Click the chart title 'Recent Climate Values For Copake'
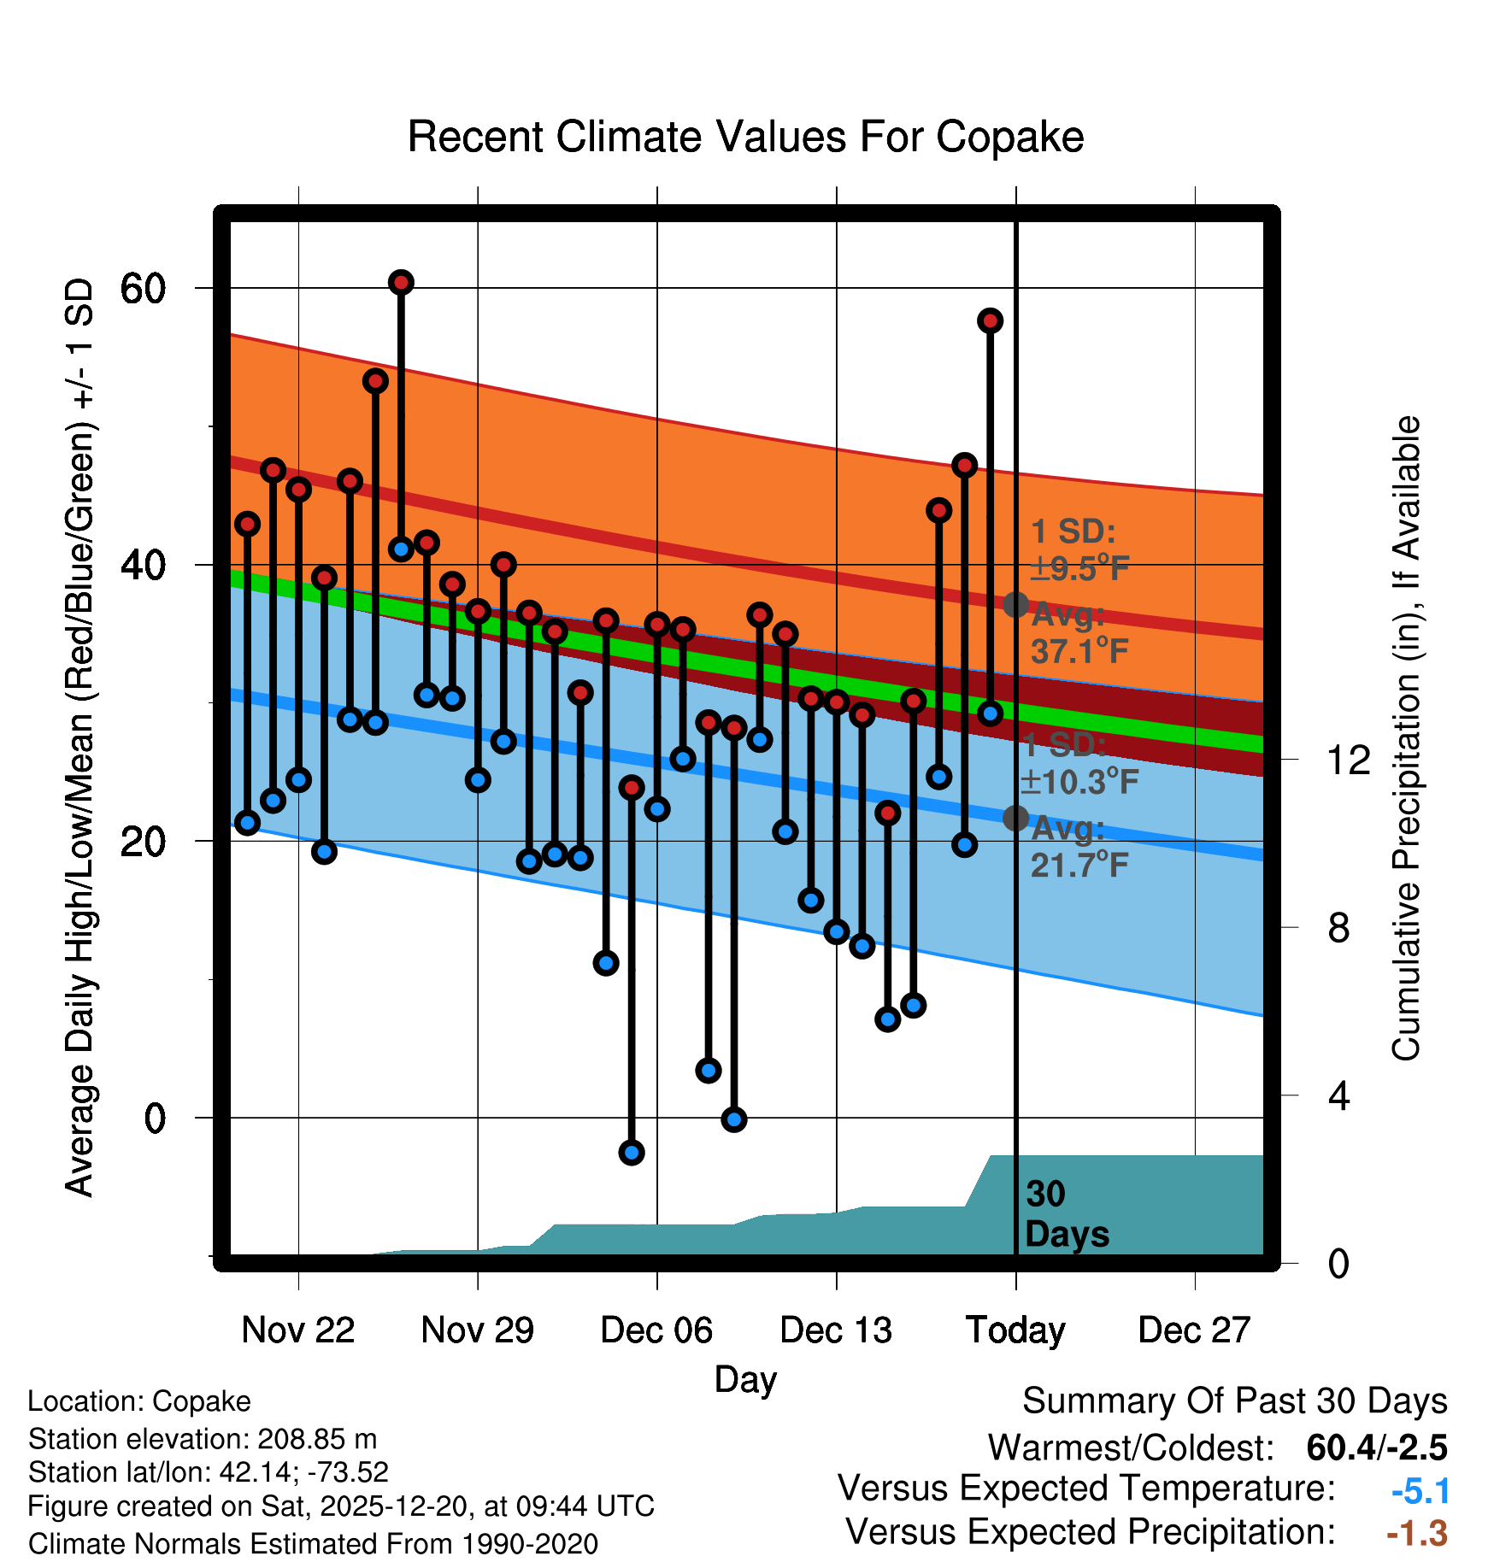pyautogui.click(x=745, y=137)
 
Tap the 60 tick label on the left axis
pyautogui.click(x=143, y=289)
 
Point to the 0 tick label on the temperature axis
pyautogui.click(x=155, y=1118)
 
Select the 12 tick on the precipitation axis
pyautogui.click(x=1348, y=760)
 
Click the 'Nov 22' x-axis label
pyautogui.click(x=297, y=1330)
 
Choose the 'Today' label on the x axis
pyautogui.click(x=1015, y=1330)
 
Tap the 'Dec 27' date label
pyautogui.click(x=1194, y=1330)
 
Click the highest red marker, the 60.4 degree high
pyautogui.click(x=401, y=282)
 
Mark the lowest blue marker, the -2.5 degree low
pyautogui.click(x=632, y=1153)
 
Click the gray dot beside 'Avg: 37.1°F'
pyautogui.click(x=1015, y=605)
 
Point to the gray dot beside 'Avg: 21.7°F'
pyautogui.click(x=1015, y=818)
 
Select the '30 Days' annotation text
pyautogui.click(x=1066, y=1214)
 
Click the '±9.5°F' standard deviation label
pyautogui.click(x=1079, y=568)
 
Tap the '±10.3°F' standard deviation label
pyautogui.click(x=1079, y=781)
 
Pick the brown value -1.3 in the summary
pyautogui.click(x=1416, y=1533)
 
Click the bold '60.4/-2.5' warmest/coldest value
pyautogui.click(x=1376, y=1447)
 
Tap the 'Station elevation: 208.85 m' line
pyautogui.click(x=203, y=1439)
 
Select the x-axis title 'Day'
pyautogui.click(x=745, y=1379)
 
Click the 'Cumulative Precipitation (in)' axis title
pyautogui.click(x=1406, y=739)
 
